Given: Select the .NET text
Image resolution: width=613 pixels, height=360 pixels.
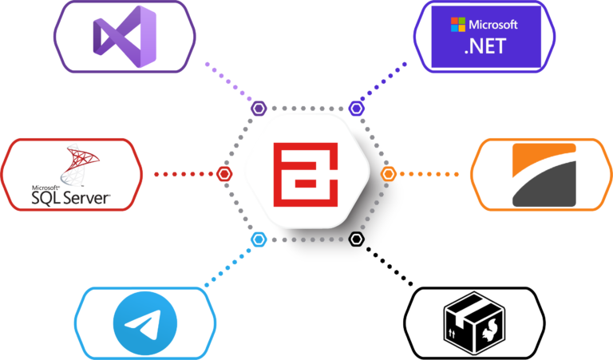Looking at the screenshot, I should [484, 45].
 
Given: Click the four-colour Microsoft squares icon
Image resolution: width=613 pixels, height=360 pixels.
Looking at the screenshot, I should [457, 24].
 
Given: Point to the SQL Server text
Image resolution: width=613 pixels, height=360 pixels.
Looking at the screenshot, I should [70, 195].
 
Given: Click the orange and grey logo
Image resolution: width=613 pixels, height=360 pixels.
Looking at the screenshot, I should [544, 174].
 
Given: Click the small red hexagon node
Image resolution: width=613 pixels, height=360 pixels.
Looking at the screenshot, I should [225, 173].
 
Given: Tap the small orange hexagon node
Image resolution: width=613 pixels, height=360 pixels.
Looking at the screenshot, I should [389, 173].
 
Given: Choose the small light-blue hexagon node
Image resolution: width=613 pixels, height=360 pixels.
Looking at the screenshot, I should [258, 239].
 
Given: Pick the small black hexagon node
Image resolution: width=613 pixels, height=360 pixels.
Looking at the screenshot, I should [356, 239].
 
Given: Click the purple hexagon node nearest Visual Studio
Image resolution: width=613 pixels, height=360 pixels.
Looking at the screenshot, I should [259, 108].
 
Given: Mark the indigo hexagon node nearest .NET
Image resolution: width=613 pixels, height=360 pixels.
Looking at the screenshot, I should [356, 108].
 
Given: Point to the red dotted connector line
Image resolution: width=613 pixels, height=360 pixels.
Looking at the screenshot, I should [184, 173].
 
